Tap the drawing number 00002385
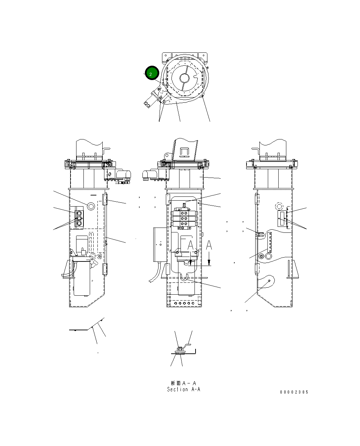pyautogui.click(x=294, y=392)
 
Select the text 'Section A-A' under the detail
pyautogui.click(x=184, y=389)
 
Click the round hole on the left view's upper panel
pyautogui.click(x=91, y=206)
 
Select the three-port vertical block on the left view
pyautogui.click(x=79, y=219)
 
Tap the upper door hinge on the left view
pyautogui.click(x=104, y=200)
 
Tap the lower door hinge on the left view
pyautogui.click(x=104, y=269)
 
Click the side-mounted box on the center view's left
pyautogui.click(x=159, y=244)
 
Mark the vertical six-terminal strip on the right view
pyautogui.click(x=270, y=244)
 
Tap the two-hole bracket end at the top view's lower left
pyautogui.click(x=148, y=103)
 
